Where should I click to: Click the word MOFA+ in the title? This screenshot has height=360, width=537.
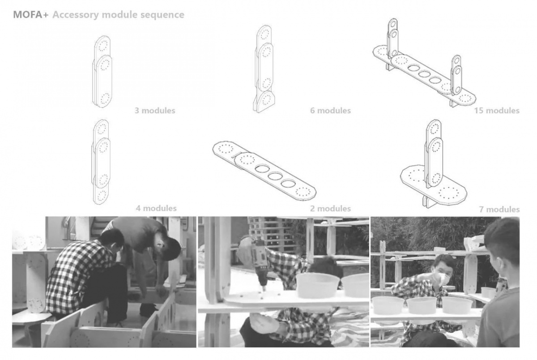[x=31, y=15]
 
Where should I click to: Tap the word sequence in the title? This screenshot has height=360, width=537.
[x=162, y=15]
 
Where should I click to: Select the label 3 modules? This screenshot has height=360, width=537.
[x=155, y=111]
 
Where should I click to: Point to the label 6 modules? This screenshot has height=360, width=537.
[x=330, y=111]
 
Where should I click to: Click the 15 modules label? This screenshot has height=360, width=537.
[x=497, y=111]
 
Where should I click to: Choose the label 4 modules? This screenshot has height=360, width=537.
[x=156, y=208]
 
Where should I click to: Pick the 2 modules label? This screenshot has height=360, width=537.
[x=330, y=209]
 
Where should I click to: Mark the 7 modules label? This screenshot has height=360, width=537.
[x=499, y=210]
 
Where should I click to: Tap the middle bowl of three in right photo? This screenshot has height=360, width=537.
[x=422, y=305]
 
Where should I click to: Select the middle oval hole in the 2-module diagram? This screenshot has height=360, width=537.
[x=274, y=176]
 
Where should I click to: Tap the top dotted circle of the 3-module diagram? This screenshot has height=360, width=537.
[x=103, y=46]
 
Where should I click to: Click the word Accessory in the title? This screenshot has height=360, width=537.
[x=76, y=15]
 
